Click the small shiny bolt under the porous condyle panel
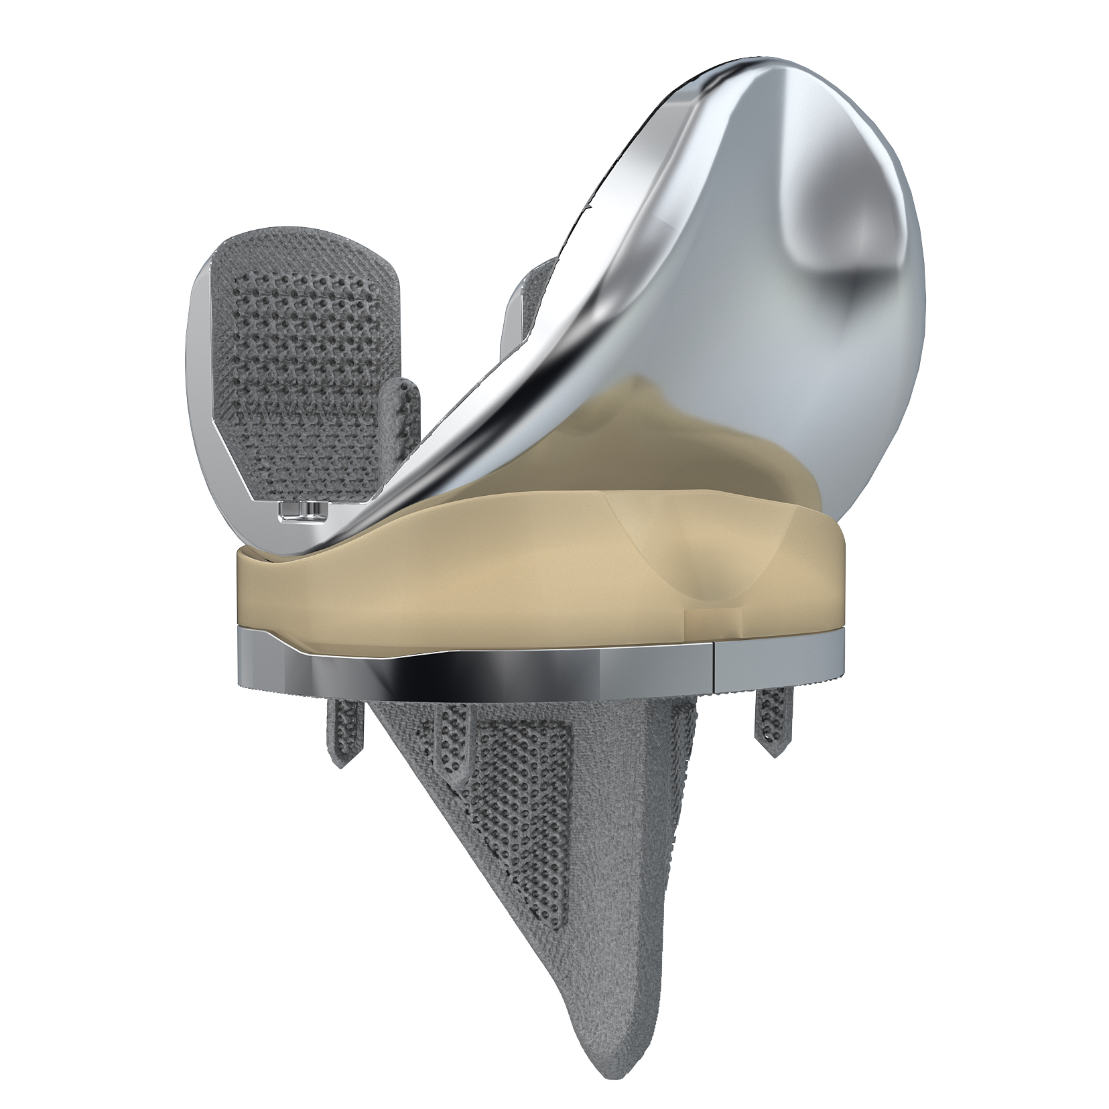click(301, 513)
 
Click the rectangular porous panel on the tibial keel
click(523, 804)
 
